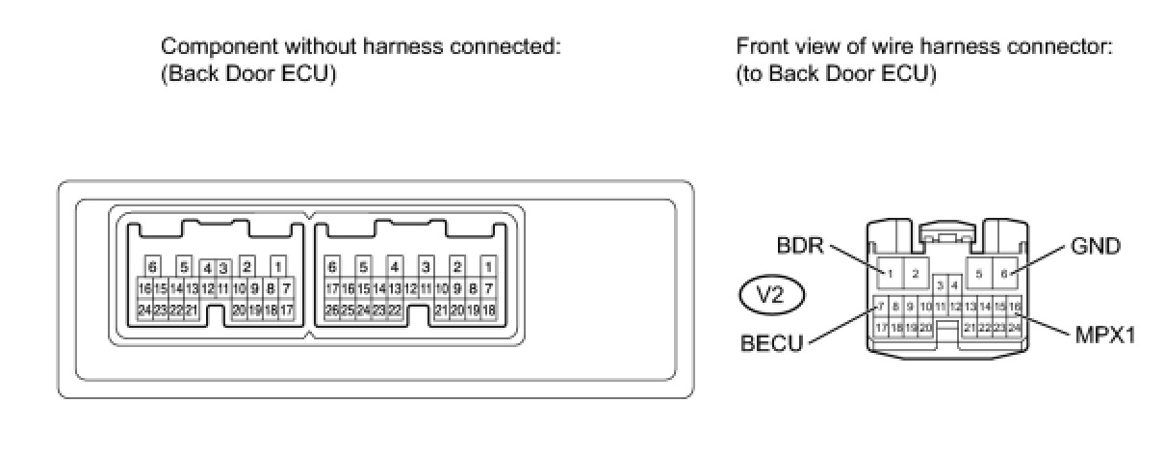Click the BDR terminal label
(x=798, y=247)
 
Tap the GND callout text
(x=1096, y=247)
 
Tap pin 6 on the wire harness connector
(x=1004, y=274)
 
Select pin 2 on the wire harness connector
(x=916, y=274)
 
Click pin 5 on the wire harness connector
(x=979, y=274)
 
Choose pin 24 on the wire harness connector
(x=1014, y=328)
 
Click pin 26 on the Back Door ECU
(x=332, y=310)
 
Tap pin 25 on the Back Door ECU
(x=348, y=310)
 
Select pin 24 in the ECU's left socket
(x=144, y=310)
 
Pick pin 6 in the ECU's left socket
(x=151, y=265)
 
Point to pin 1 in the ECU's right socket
(x=488, y=265)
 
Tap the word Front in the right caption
(x=760, y=46)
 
